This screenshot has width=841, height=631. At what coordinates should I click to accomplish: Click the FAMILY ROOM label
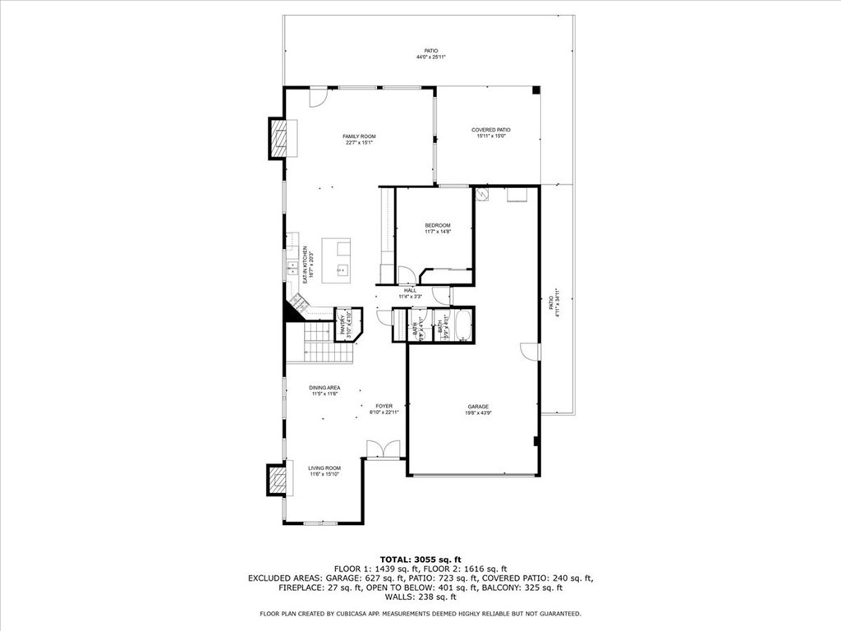point(359,136)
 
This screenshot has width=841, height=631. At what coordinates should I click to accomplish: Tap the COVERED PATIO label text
point(491,130)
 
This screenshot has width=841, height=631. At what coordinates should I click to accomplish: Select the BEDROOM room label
point(437,225)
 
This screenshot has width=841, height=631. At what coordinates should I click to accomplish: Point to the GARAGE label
point(478,407)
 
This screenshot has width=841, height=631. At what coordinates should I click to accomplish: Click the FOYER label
point(384,406)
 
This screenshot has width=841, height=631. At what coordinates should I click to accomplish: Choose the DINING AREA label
point(324,388)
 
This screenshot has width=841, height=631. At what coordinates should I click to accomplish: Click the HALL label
point(410,290)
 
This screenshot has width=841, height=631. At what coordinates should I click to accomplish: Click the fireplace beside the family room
point(279,138)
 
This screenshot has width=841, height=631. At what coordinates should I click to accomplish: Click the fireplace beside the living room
point(279,479)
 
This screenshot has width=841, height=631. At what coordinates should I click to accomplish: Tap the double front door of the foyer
point(384,449)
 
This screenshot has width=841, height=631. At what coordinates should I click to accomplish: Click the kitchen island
point(337,260)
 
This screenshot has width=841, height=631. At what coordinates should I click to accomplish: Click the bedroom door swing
point(407,275)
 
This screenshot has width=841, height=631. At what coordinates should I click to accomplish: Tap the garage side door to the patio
point(531,352)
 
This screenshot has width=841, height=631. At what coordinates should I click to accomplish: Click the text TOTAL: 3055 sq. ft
point(420,559)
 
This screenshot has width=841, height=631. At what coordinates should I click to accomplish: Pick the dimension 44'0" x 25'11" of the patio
point(425,58)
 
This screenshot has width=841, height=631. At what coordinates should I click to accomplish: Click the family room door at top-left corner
point(317,98)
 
